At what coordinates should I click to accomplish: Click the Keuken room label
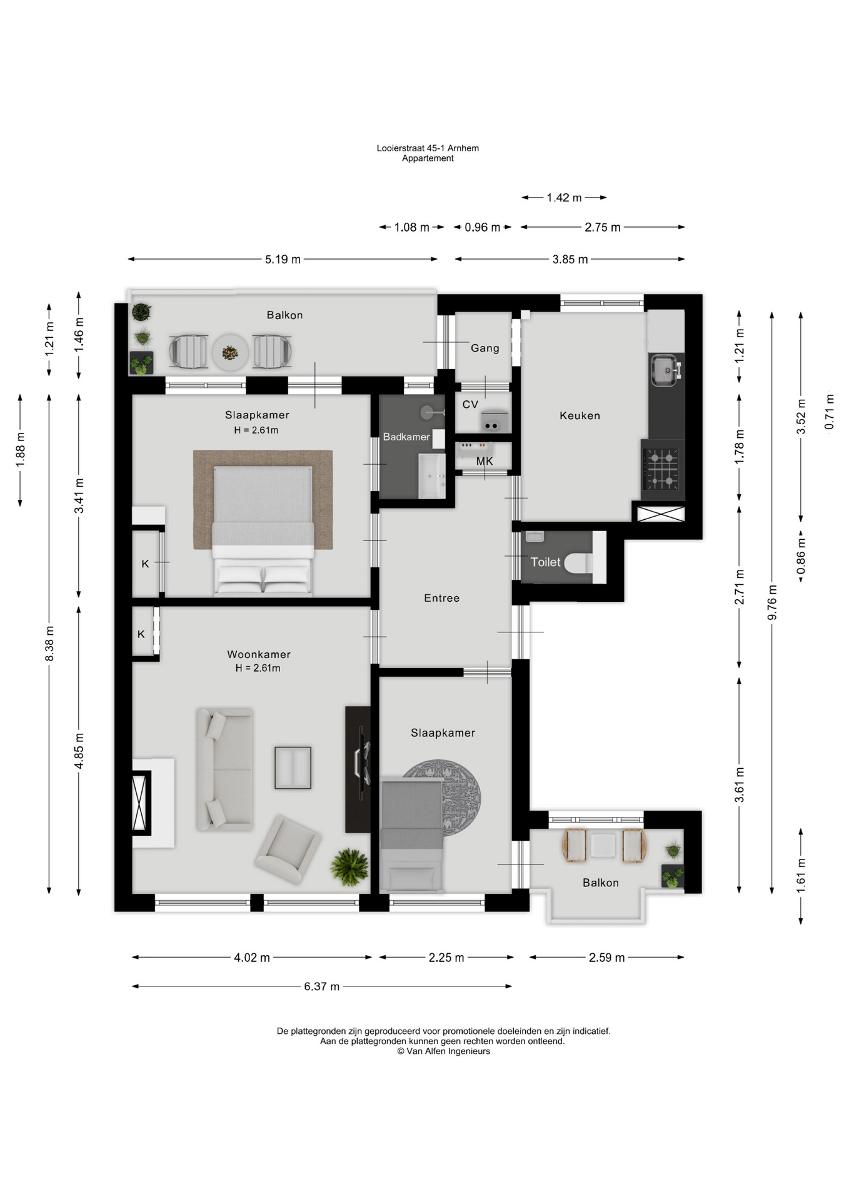[x=580, y=415]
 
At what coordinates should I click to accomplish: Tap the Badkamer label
[x=406, y=437]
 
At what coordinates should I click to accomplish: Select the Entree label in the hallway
[x=441, y=598]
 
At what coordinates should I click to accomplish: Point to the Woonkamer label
[x=259, y=654]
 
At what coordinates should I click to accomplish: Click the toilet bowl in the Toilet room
[x=578, y=562]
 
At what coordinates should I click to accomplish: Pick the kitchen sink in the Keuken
[x=665, y=370]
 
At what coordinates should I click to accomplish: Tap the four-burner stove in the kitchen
[x=661, y=469]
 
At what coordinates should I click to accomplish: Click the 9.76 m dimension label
[x=772, y=603]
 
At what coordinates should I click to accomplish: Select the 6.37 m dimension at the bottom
[x=322, y=986]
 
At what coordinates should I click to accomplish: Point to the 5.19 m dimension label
[x=283, y=259]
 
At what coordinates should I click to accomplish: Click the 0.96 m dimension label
[x=482, y=227]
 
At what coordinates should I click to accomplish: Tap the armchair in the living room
[x=288, y=849]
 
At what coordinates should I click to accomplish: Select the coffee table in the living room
[x=293, y=768]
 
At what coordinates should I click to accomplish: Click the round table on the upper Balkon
[x=230, y=352]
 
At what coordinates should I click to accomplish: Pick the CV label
[x=470, y=404]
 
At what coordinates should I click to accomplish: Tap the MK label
[x=485, y=461]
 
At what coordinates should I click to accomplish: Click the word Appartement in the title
[x=428, y=158]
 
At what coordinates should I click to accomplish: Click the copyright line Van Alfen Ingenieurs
[x=443, y=1051]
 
